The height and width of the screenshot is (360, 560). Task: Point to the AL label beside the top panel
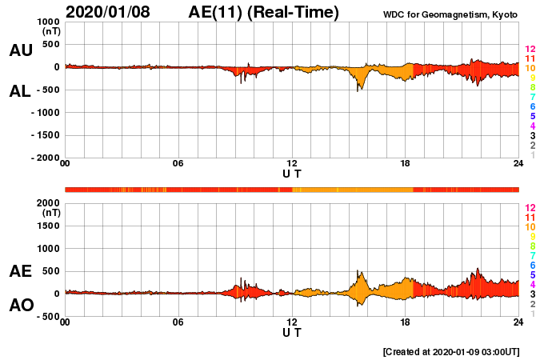click(21, 91)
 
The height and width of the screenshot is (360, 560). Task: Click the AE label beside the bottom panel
click(21, 272)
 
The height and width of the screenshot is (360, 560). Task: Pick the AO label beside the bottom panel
click(21, 306)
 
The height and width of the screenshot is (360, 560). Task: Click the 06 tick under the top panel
click(178, 164)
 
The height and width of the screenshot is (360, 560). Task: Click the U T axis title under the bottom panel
click(292, 331)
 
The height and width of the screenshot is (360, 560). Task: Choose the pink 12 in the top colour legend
click(530, 50)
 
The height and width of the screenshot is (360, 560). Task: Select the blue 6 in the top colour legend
click(532, 107)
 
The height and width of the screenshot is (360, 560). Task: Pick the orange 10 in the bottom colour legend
click(530, 226)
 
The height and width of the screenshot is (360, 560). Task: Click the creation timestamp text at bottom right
click(451, 351)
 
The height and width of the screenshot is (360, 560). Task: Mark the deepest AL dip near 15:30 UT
click(358, 90)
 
